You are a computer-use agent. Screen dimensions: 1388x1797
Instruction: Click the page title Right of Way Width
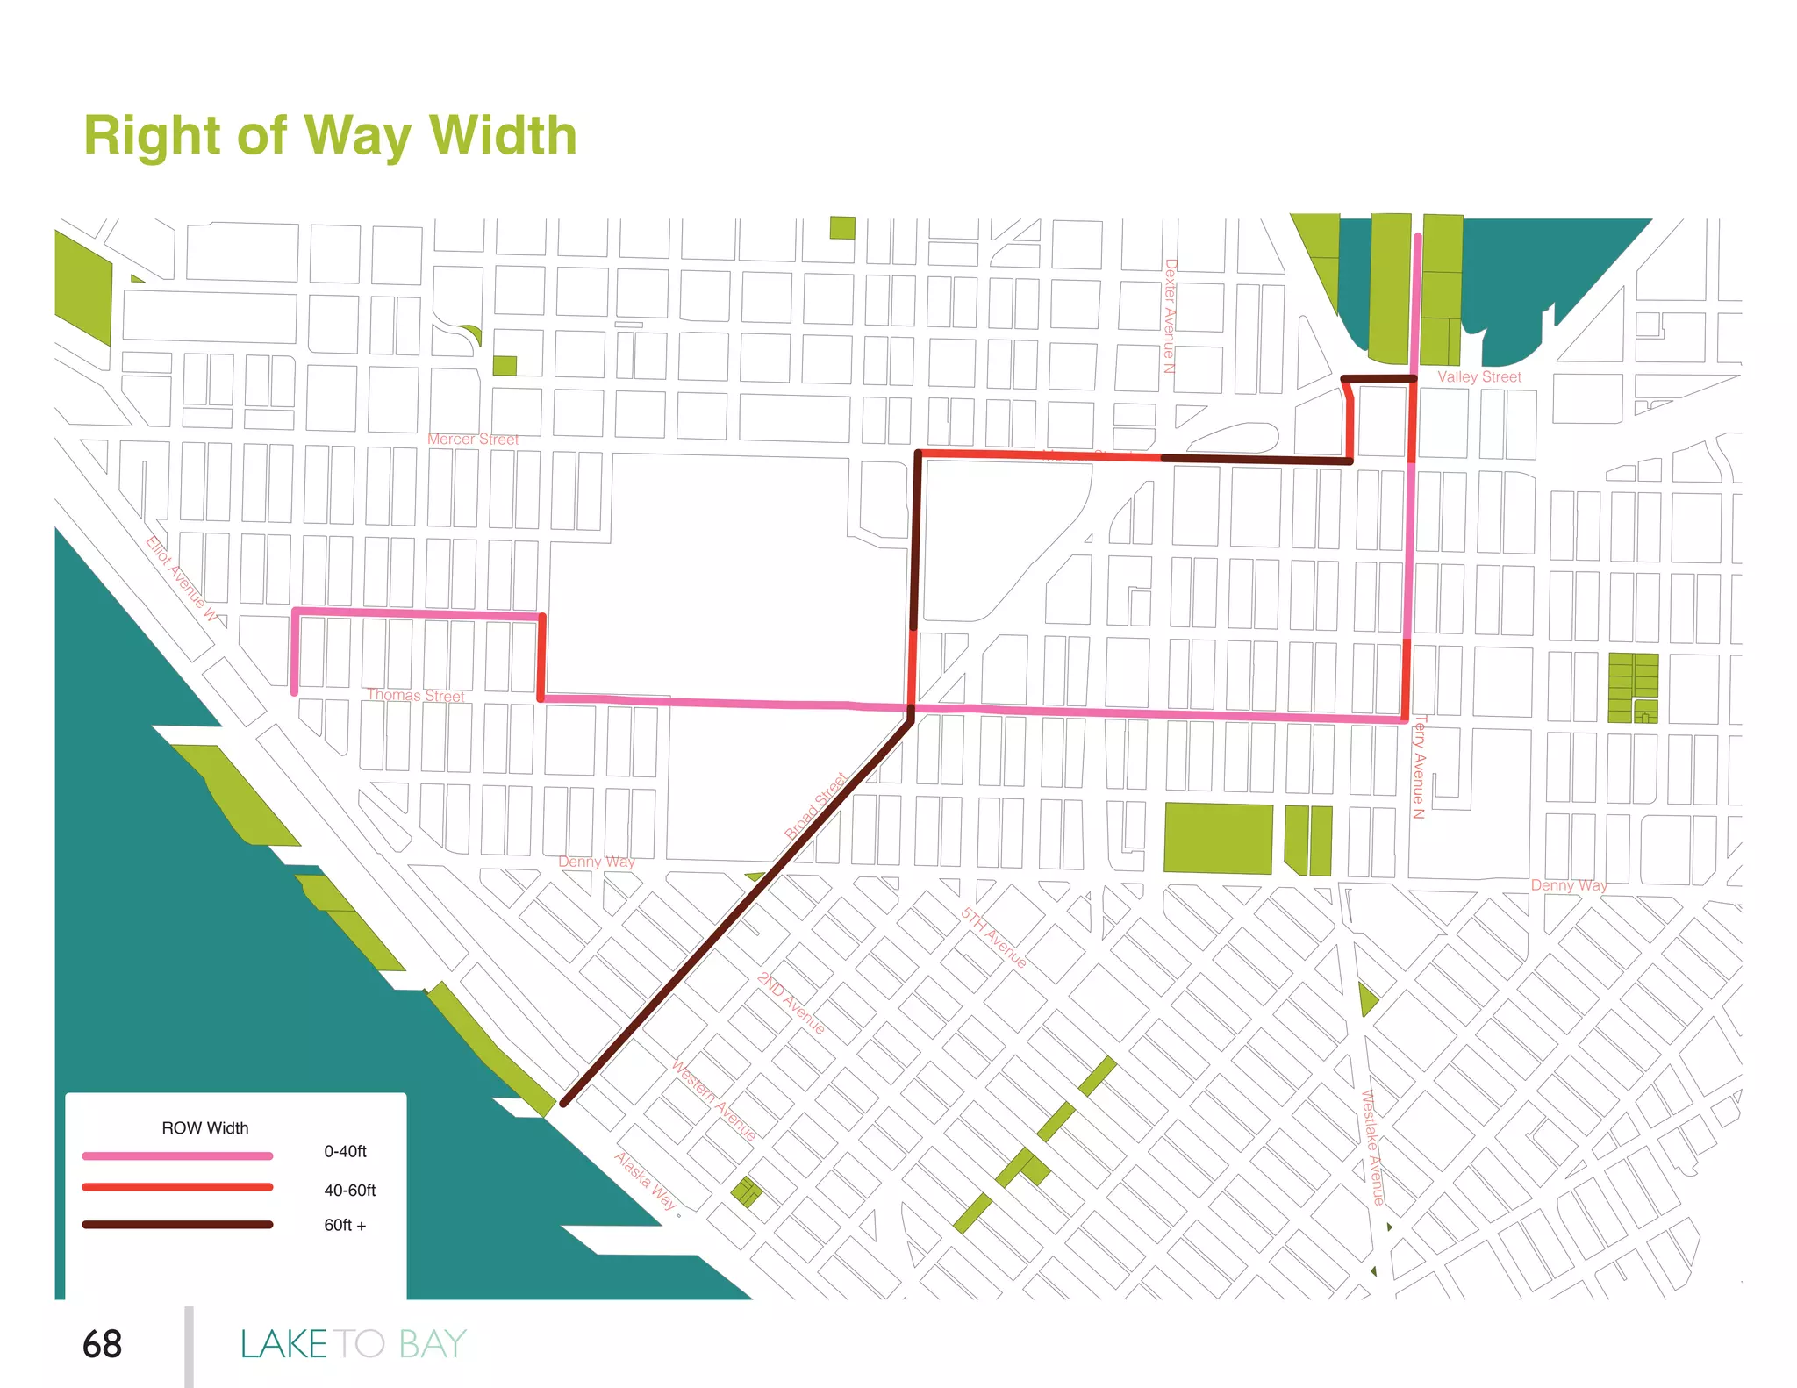pyautogui.click(x=330, y=136)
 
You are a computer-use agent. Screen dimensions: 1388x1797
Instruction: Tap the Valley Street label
pyautogui.click(x=1478, y=376)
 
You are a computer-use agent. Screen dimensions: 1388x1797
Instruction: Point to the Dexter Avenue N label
pyautogui.click(x=1170, y=316)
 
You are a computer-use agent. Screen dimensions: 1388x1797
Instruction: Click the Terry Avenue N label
pyautogui.click(x=1419, y=767)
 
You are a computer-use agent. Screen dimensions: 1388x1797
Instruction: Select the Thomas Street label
pyautogui.click(x=416, y=695)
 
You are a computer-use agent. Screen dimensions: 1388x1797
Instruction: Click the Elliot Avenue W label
pyautogui.click(x=182, y=578)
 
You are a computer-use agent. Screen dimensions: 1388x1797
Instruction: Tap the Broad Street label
pyautogui.click(x=816, y=805)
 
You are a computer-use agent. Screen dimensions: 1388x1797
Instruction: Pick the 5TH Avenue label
pyautogui.click(x=993, y=937)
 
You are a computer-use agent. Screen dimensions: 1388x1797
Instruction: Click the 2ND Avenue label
pyautogui.click(x=791, y=1003)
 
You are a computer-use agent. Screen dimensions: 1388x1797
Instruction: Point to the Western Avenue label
pyautogui.click(x=713, y=1099)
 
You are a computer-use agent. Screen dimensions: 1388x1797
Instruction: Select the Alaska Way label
pyautogui.click(x=646, y=1181)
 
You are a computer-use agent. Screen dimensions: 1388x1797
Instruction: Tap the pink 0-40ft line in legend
pyautogui.click(x=177, y=1156)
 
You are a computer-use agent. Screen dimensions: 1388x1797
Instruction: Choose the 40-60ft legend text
pyautogui.click(x=349, y=1191)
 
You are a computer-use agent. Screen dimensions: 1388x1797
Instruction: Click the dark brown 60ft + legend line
pyautogui.click(x=177, y=1225)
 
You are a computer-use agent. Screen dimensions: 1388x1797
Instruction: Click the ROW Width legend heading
pyautogui.click(x=204, y=1128)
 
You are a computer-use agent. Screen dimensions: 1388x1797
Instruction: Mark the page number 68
pyautogui.click(x=102, y=1344)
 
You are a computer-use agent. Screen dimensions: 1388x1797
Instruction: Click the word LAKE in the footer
pyautogui.click(x=283, y=1344)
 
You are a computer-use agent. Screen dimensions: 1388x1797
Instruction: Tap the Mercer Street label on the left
pyautogui.click(x=473, y=439)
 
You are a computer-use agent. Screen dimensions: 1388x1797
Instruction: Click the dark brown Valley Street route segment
pyautogui.click(x=1378, y=379)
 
